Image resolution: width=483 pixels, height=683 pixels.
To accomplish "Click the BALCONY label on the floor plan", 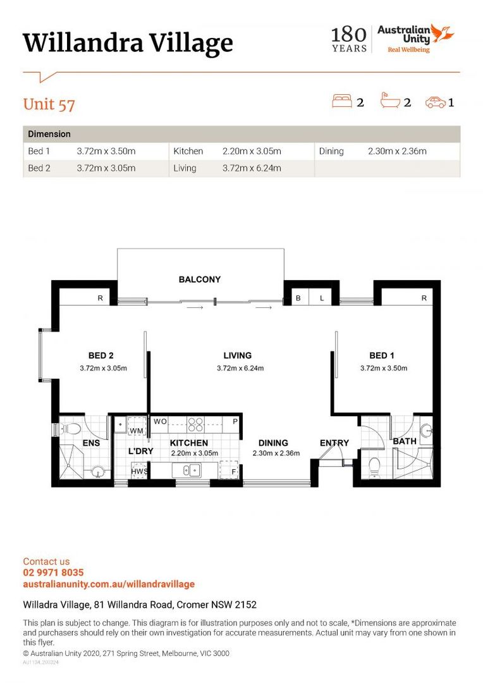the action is [200, 280].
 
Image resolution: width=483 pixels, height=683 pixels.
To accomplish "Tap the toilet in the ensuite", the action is [71, 429].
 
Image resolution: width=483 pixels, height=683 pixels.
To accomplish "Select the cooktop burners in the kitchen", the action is [195, 424].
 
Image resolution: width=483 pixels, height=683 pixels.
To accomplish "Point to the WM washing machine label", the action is [137, 431].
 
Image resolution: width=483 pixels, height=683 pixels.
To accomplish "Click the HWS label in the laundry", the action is [139, 471].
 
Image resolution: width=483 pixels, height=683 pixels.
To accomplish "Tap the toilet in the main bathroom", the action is [374, 467].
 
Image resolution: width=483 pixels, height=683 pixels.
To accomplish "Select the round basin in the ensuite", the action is [98, 472].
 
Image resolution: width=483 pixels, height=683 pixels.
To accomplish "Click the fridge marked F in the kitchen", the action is [229, 469].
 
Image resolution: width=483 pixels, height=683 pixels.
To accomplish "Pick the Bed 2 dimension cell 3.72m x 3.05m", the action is [106, 168].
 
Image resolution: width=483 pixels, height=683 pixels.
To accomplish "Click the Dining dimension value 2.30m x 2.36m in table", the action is [397, 151].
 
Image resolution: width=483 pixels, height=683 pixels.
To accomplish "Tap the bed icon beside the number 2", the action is [341, 101].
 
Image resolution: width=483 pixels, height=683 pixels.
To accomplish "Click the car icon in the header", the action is [436, 102].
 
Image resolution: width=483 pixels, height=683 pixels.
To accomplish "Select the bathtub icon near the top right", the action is [390, 100].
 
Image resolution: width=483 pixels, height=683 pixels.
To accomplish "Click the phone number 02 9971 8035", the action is [53, 572].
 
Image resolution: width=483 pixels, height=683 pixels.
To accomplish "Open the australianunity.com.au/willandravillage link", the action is [109, 584].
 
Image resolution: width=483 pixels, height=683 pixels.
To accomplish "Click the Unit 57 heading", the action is [49, 104].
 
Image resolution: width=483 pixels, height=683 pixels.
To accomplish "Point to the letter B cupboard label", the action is [298, 298].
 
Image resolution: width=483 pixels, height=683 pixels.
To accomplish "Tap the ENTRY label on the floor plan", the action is [334, 443].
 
